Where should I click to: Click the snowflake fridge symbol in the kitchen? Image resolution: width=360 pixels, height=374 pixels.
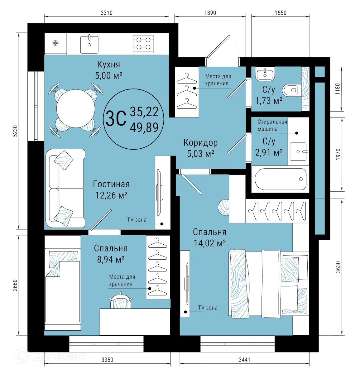click(55, 43)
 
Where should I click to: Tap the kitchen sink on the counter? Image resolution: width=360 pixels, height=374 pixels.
click(89, 44)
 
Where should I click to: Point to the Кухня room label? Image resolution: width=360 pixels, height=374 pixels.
click(108, 65)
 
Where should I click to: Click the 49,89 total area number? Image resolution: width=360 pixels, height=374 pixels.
click(144, 127)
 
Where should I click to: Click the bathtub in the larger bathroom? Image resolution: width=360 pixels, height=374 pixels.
click(281, 179)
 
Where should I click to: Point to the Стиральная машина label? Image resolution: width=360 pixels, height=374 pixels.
click(272, 125)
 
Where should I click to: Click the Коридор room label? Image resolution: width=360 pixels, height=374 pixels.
click(200, 143)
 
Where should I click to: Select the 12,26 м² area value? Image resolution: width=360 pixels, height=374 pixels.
click(111, 195)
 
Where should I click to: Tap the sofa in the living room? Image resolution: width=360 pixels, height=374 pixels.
click(65, 188)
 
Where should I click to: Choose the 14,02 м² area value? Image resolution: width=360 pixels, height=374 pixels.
click(209, 243)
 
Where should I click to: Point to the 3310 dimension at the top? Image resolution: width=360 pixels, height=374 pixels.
click(106, 13)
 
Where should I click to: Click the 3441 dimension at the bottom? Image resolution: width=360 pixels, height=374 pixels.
click(244, 360)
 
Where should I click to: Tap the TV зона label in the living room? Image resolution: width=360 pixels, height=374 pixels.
click(137, 220)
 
